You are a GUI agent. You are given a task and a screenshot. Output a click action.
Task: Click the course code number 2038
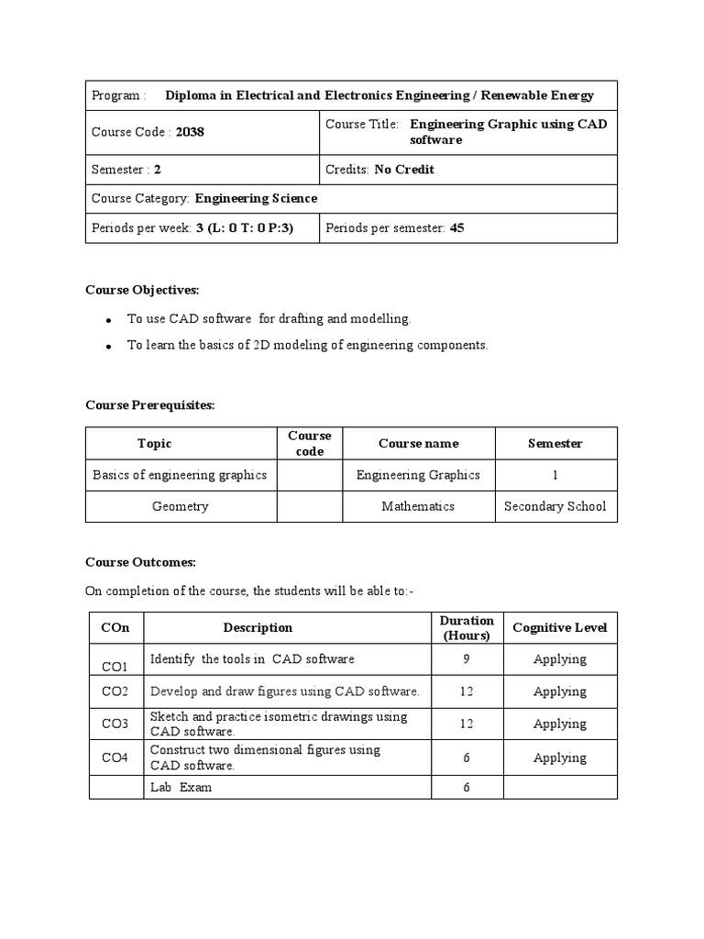coord(190,132)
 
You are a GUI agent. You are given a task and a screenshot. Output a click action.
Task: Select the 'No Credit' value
coord(404,170)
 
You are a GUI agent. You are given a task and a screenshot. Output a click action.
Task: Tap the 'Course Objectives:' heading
coord(142,290)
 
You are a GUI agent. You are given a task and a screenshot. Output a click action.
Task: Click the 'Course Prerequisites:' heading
coord(150,405)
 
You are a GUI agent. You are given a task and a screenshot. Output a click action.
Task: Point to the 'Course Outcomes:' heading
coord(140,562)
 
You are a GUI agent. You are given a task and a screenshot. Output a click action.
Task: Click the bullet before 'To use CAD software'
coord(108,320)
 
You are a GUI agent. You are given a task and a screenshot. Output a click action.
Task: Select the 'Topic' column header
coord(154,444)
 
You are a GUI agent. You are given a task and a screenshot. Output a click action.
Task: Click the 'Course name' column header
coord(418,444)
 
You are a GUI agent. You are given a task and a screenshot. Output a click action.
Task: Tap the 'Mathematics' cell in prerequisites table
coord(418,506)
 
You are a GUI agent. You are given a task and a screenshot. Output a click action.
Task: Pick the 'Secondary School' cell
coord(555,506)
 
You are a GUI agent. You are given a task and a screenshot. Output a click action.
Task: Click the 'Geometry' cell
coord(180,506)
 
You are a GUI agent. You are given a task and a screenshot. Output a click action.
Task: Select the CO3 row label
coord(115,724)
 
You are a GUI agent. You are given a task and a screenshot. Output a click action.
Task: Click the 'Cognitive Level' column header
coord(559,627)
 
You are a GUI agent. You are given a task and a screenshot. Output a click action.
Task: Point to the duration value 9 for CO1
coord(466,659)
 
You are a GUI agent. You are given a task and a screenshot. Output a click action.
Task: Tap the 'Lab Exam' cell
coord(181,788)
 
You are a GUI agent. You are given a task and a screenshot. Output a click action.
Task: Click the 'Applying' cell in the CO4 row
coord(559,757)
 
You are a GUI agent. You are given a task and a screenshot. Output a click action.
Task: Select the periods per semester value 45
coord(457,227)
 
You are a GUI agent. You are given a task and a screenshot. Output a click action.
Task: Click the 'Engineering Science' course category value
coord(256,198)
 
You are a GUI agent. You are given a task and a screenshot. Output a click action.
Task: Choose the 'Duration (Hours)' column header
coord(466,627)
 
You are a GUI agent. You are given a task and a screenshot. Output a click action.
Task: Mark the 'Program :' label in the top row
coord(118,95)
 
